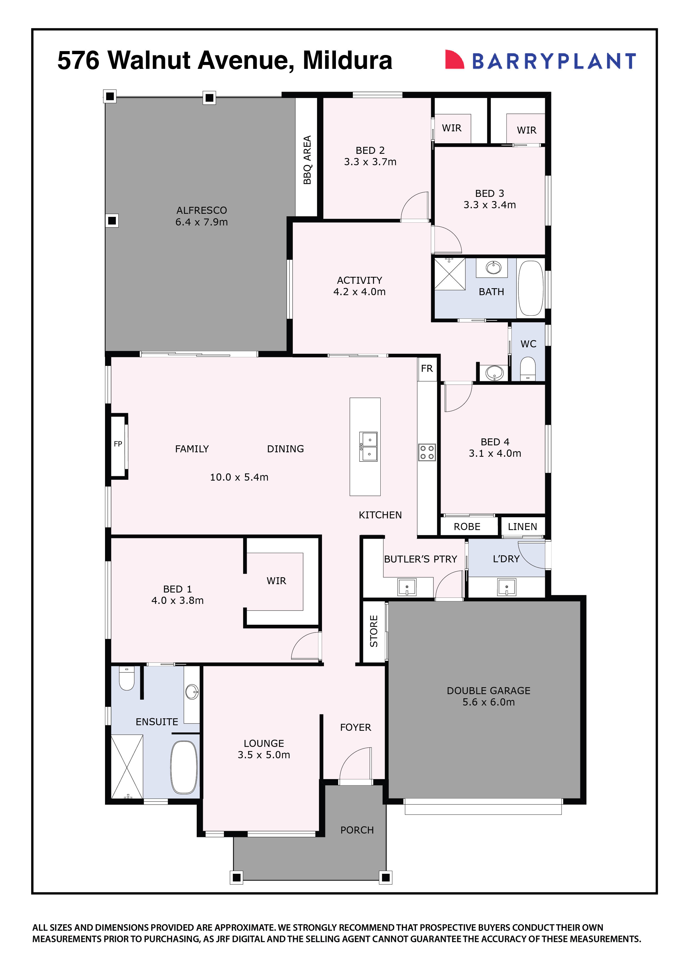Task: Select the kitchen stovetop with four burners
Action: coord(427,452)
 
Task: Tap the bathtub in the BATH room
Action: coord(530,288)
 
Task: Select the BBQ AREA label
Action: coord(307,160)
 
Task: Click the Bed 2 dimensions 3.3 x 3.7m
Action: coord(370,162)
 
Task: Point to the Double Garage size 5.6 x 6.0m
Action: coord(488,702)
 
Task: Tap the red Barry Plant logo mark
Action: coord(453,59)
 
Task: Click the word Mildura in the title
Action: coord(347,60)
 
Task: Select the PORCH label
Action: coord(357,830)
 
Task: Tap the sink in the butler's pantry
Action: coord(407,588)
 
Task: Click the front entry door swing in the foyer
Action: coord(356,764)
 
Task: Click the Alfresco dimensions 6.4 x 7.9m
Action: coord(202,222)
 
